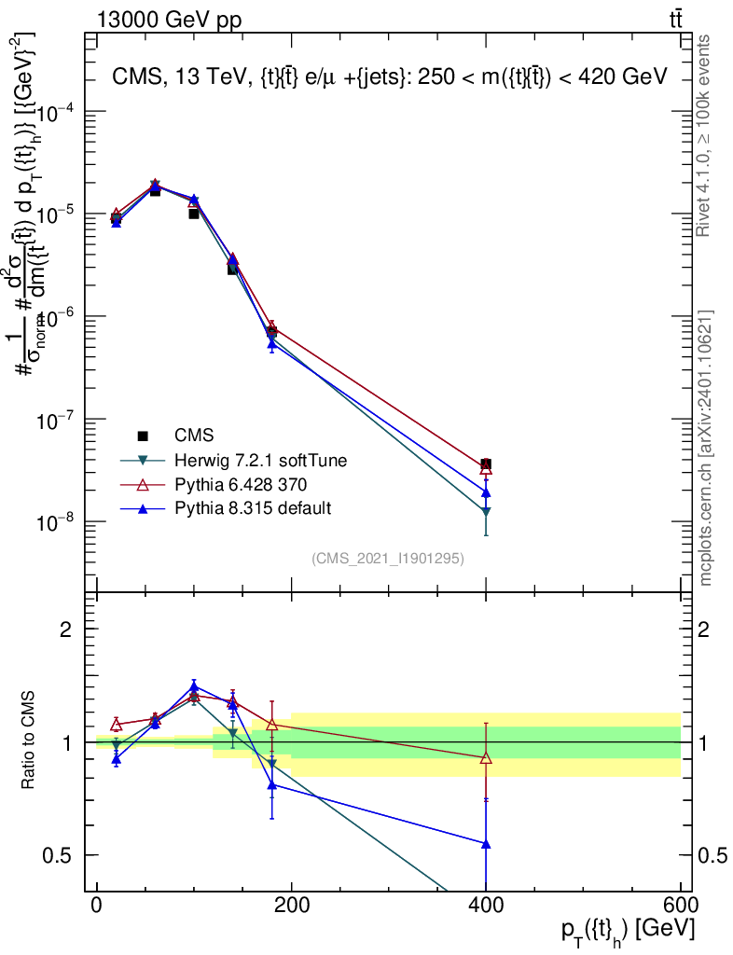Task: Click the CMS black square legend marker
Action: point(143,436)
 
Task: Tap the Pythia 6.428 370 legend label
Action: point(241,484)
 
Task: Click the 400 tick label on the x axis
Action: point(485,906)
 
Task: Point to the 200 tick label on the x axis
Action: point(291,906)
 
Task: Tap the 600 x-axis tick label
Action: point(679,906)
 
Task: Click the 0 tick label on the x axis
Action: point(97,906)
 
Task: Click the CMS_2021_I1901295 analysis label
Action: point(388,558)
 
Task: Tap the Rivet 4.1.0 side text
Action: point(705,136)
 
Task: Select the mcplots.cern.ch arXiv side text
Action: point(706,448)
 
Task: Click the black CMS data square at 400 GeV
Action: point(486,464)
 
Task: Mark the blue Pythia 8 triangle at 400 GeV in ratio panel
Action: point(486,843)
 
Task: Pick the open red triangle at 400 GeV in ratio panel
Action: point(486,758)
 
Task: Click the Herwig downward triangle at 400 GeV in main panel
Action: point(486,511)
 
